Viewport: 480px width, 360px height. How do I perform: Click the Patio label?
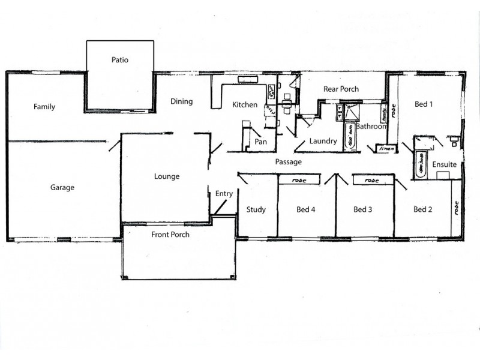tap(120, 60)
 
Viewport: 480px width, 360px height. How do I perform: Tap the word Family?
tap(44, 107)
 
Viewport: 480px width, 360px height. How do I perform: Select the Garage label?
tap(62, 188)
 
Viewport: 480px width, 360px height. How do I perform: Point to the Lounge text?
tap(167, 176)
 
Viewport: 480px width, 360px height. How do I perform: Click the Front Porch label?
tap(170, 235)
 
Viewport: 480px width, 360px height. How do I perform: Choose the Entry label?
tap(224, 194)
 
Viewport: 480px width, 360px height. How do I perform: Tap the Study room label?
tap(256, 210)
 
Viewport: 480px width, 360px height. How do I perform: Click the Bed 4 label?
tap(306, 210)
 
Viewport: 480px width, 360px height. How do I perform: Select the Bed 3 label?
tap(363, 210)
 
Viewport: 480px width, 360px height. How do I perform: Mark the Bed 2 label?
tap(423, 210)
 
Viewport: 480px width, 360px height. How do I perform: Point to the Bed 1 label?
tap(424, 104)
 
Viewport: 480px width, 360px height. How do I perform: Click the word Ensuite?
tap(445, 164)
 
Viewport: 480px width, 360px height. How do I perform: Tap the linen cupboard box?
tap(384, 148)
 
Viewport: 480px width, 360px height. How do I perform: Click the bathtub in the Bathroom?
tap(349, 137)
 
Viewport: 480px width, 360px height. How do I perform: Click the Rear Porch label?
tap(341, 89)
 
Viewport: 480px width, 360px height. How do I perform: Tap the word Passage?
tap(288, 162)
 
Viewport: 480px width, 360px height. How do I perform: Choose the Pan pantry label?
tap(260, 142)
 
